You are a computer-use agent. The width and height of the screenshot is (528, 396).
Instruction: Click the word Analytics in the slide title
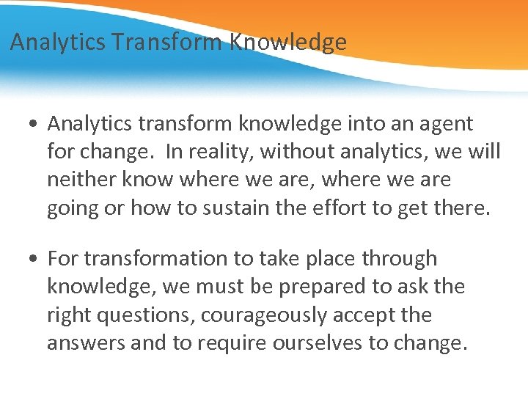[x=58, y=43]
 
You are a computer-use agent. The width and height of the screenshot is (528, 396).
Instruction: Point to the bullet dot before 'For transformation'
[x=34, y=259]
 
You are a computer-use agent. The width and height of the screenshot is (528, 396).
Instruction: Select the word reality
[x=216, y=152]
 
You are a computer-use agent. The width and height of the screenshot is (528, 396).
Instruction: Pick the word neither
[x=84, y=180]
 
